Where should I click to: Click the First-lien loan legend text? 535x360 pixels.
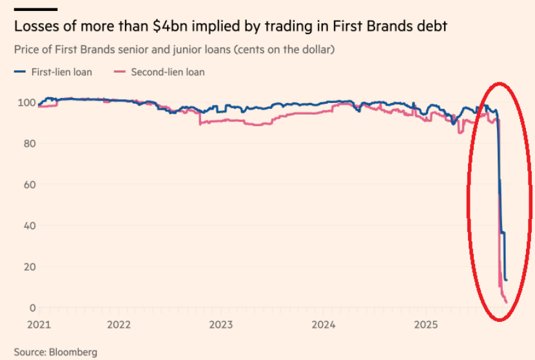(x=62, y=72)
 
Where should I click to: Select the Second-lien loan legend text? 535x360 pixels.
(x=168, y=72)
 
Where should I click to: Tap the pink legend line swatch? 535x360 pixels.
(x=119, y=72)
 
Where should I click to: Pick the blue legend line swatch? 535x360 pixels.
(x=19, y=72)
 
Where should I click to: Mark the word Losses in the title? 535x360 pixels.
(x=35, y=26)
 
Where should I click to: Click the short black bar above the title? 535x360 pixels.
(x=35, y=9)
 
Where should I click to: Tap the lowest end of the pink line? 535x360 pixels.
(x=507, y=301)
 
